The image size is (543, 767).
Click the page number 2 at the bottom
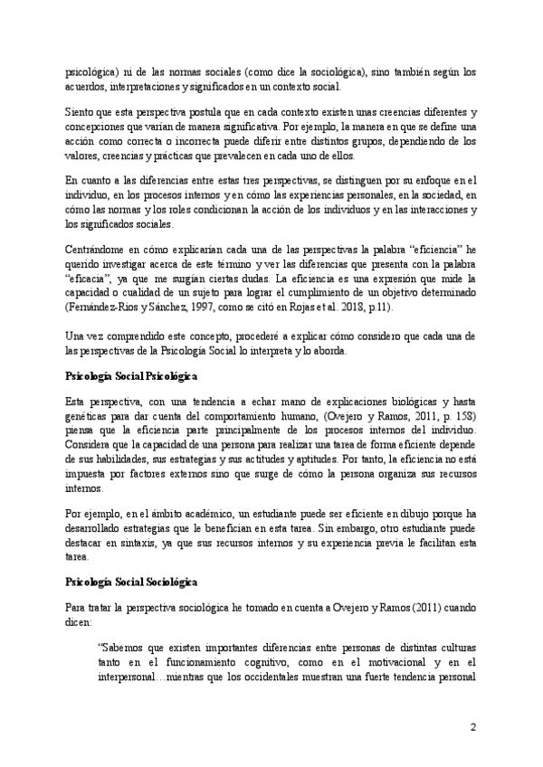pyautogui.click(x=472, y=727)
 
